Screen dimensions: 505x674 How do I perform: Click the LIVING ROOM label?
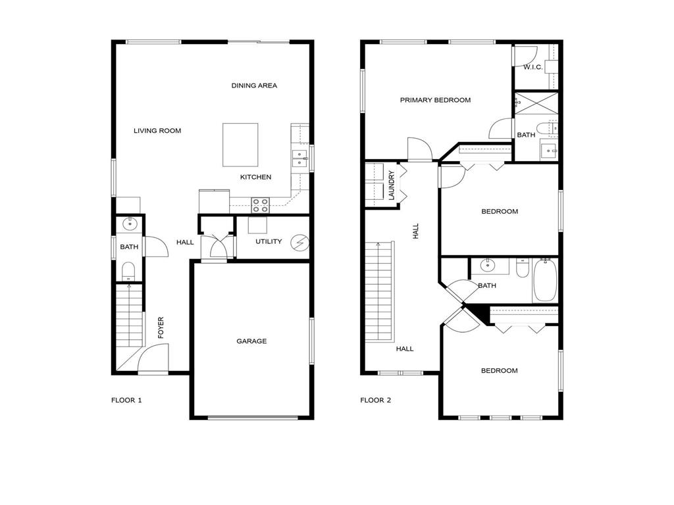pyautogui.click(x=157, y=131)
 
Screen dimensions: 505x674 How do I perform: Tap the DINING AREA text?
pyautogui.click(x=254, y=85)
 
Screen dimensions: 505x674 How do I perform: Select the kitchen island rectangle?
pyautogui.click(x=240, y=145)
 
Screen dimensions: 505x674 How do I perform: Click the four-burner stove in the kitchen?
pyautogui.click(x=260, y=205)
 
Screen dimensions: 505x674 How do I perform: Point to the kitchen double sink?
pyautogui.click(x=299, y=158)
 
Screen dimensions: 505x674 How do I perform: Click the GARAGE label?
pyautogui.click(x=251, y=341)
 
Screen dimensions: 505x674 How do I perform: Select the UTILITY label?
pyautogui.click(x=269, y=242)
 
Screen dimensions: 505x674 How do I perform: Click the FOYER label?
pyautogui.click(x=161, y=328)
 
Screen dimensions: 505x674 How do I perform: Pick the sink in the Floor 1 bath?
pyautogui.click(x=130, y=224)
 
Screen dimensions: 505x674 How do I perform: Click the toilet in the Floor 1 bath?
pyautogui.click(x=128, y=270)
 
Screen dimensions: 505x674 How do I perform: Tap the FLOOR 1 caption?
pyautogui.click(x=126, y=400)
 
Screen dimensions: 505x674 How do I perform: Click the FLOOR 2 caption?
pyautogui.click(x=375, y=400)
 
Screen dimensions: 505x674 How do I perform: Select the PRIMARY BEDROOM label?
pyautogui.click(x=435, y=100)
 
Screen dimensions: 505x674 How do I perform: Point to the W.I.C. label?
pyautogui.click(x=532, y=67)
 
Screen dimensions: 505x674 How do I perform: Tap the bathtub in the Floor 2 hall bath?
pyautogui.click(x=545, y=280)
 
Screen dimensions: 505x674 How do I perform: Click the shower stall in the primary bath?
pyautogui.click(x=536, y=104)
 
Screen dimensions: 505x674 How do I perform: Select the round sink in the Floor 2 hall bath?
pyautogui.click(x=488, y=266)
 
